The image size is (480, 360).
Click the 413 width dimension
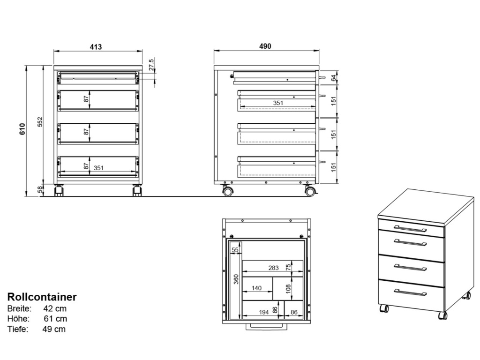pyautogui.click(x=96, y=47)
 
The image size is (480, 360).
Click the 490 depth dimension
pyautogui.click(x=265, y=46)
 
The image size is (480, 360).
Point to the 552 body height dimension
pyautogui.click(x=40, y=122)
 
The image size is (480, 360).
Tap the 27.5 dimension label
pyautogui.click(x=151, y=65)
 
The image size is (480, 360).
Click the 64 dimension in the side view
pyautogui.click(x=333, y=78)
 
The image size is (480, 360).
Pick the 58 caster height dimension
pyautogui.click(x=40, y=189)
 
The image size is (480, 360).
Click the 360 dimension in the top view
pyautogui.click(x=236, y=279)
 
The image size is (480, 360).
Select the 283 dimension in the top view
pyautogui.click(x=273, y=268)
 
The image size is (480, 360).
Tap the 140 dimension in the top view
pyautogui.click(x=256, y=288)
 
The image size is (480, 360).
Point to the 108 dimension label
pyautogui.click(x=289, y=288)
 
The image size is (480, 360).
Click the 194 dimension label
pyautogui.click(x=263, y=312)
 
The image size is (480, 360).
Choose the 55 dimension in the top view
pyautogui.click(x=235, y=250)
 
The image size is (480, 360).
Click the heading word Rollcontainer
pyautogui.click(x=42, y=297)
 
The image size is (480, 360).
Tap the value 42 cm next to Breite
pyautogui.click(x=55, y=308)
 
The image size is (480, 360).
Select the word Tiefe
pyautogui.click(x=18, y=329)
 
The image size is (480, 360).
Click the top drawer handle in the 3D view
pyautogui.click(x=410, y=229)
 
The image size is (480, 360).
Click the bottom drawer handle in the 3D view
pyautogui.click(x=410, y=292)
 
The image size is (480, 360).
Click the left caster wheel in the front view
pyautogui.click(x=59, y=191)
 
